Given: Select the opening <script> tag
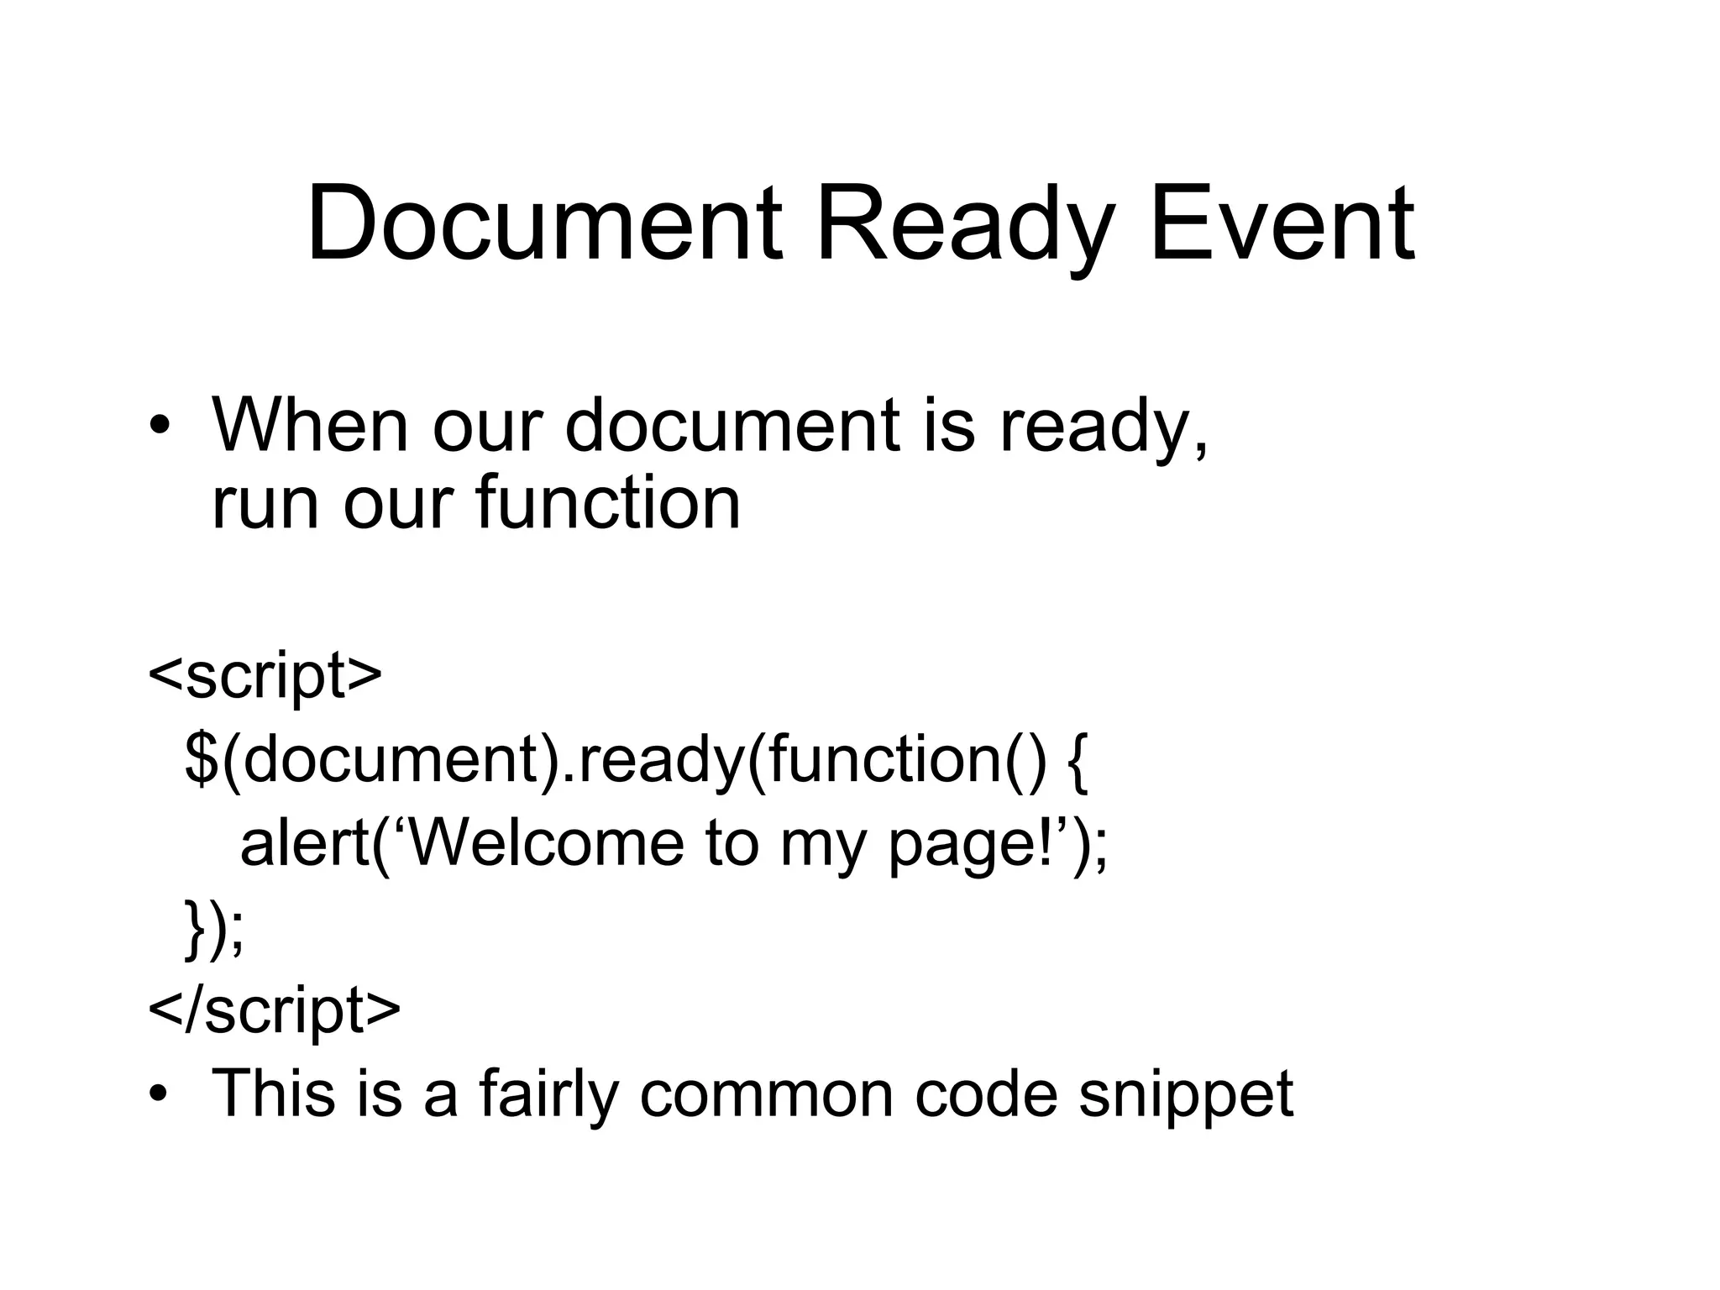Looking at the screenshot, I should coord(265,675).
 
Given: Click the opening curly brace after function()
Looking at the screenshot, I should coord(1078,760).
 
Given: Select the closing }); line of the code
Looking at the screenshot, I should coord(214,928).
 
